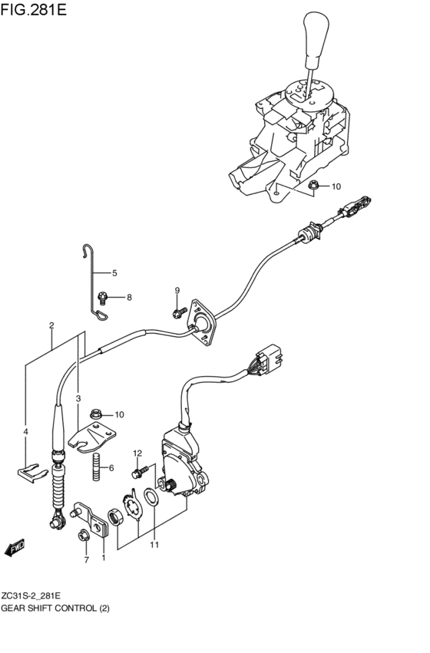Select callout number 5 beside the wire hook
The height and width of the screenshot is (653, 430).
pyautogui.click(x=114, y=273)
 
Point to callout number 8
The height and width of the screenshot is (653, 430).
pyautogui.click(x=129, y=297)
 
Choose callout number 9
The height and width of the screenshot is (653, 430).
pyautogui.click(x=177, y=289)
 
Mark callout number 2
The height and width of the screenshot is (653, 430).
pyautogui.click(x=51, y=325)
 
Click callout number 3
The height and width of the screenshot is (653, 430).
pyautogui.click(x=78, y=397)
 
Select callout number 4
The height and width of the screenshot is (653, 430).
pyautogui.click(x=25, y=433)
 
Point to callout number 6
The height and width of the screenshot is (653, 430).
pyautogui.click(x=111, y=468)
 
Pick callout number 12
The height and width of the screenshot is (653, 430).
pyautogui.click(x=138, y=453)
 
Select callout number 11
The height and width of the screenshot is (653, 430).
pyautogui.click(x=154, y=546)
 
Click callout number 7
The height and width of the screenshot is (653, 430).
pyautogui.click(x=86, y=559)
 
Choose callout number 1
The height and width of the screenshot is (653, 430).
pyautogui.click(x=104, y=559)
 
